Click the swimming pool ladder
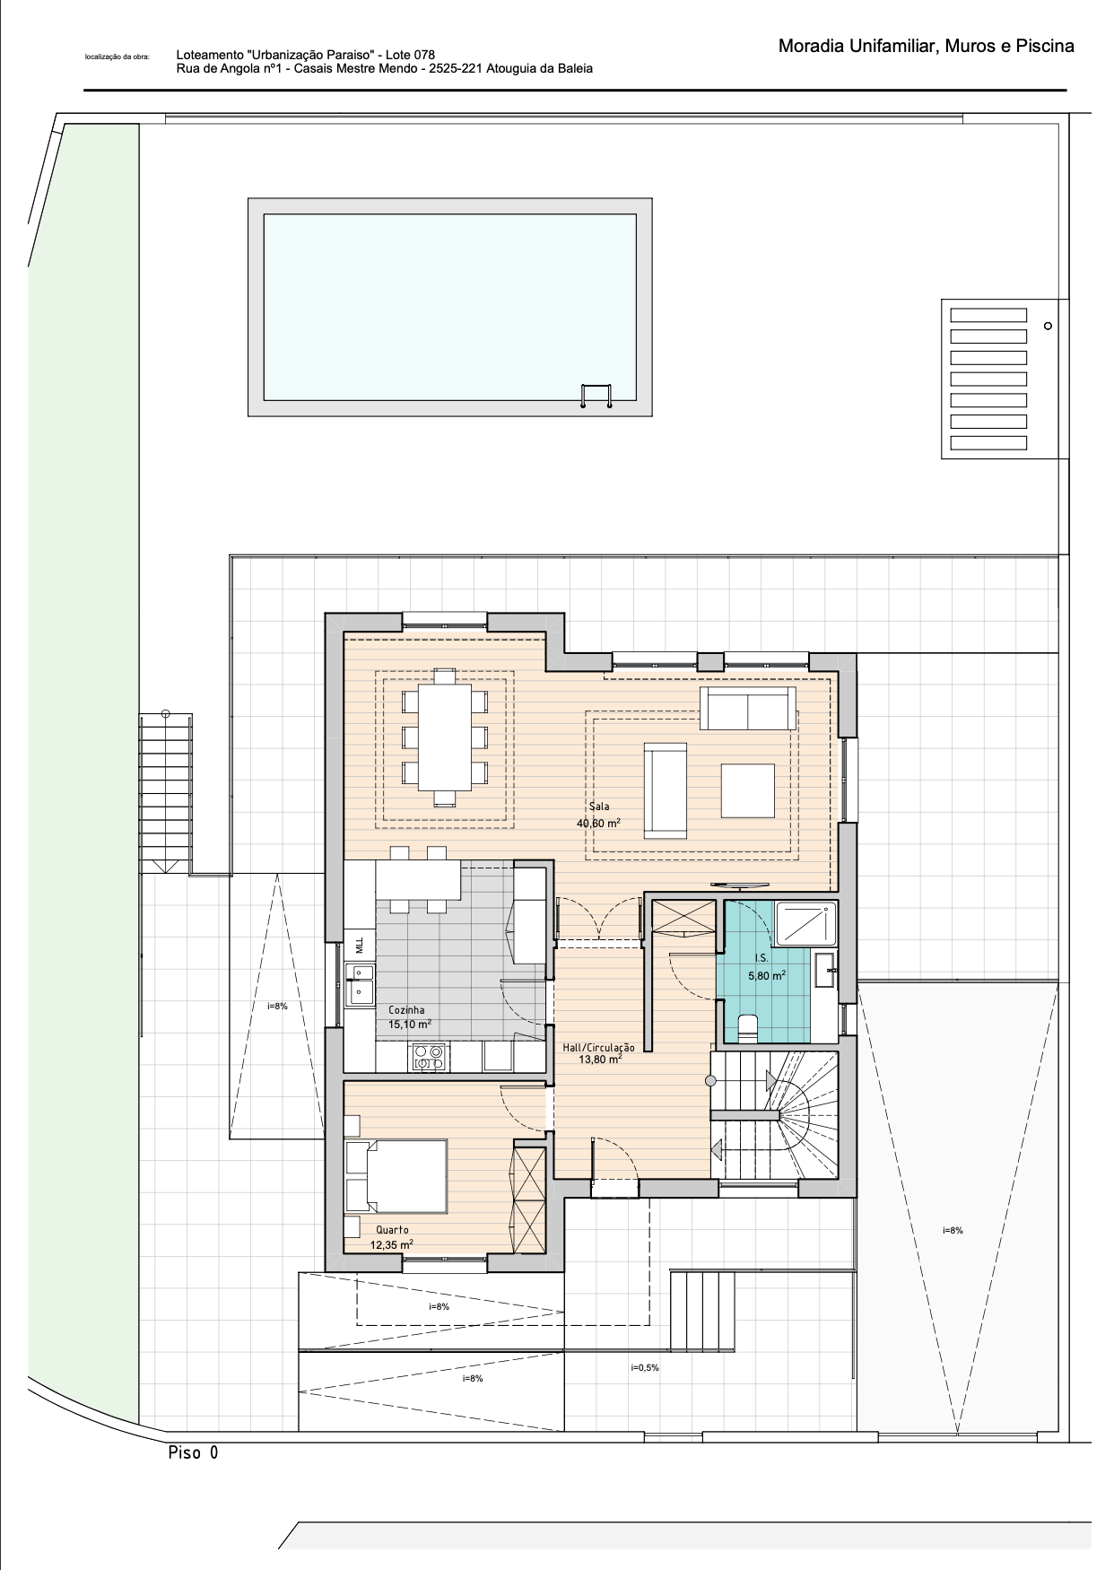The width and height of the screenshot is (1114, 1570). [x=596, y=396]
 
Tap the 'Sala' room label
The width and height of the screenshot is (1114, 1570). [x=599, y=807]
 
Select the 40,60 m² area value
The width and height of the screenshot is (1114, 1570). [x=598, y=823]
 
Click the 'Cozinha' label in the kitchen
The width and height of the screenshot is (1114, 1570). [x=406, y=1009]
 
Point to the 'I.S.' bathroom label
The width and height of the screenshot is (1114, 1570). [x=761, y=959]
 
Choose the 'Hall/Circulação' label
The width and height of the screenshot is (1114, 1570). [x=598, y=1047]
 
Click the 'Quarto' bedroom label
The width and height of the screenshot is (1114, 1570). [x=392, y=1230]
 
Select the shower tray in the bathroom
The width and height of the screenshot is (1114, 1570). [x=805, y=923]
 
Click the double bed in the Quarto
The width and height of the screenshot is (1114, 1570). [x=396, y=1175]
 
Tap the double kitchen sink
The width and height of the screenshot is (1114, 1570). [x=361, y=982]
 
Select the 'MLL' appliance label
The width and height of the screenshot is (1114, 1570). [x=360, y=944]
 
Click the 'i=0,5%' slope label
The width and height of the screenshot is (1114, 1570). [x=644, y=1368]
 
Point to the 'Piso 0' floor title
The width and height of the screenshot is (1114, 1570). [x=193, y=1452]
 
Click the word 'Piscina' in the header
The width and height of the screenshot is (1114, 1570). [x=1045, y=46]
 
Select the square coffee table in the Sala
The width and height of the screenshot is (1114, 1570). [x=747, y=790]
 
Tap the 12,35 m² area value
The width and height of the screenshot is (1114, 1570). [x=392, y=1245]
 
